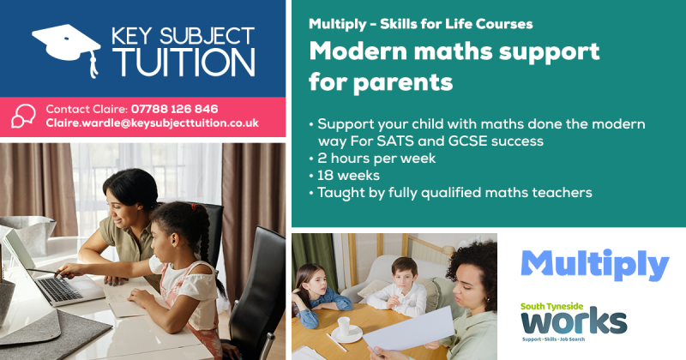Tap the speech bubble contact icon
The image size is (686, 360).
pyautogui.click(x=24, y=116)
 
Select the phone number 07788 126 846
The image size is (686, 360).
pyautogui.click(x=174, y=109)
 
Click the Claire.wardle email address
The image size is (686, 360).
pyautogui.click(x=152, y=123)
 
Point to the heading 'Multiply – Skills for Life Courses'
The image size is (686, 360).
pyautogui.click(x=420, y=23)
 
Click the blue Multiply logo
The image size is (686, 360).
pyautogui.click(x=594, y=265)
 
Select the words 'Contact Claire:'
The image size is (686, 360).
pyautogui.click(x=86, y=109)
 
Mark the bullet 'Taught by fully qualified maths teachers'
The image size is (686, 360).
pyautogui.click(x=454, y=192)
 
